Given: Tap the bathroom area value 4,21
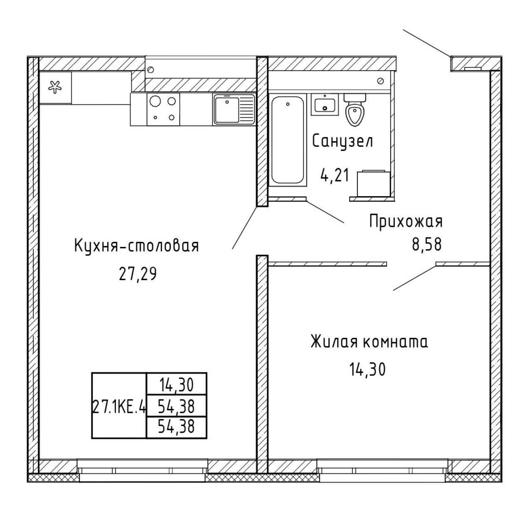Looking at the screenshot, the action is pos(335,175).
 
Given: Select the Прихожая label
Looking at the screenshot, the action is pos(406,222).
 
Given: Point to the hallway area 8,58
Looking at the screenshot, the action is pos(427,244).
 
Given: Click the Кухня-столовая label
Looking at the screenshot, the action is pos(136,246).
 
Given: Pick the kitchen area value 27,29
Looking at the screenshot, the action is pos(138,274).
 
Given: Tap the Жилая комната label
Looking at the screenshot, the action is pos(369,342).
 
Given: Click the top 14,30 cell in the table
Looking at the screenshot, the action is pos(177,385).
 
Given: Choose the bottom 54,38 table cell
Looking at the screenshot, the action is pos(176,427).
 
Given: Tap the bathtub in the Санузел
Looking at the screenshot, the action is pos(288,140).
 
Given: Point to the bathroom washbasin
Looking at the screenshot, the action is pos(325,105).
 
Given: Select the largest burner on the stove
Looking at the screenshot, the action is pos(155,101).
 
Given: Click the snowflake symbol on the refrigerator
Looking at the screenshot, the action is pos(55,88).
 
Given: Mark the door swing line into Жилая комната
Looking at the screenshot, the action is pos(414,278).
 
